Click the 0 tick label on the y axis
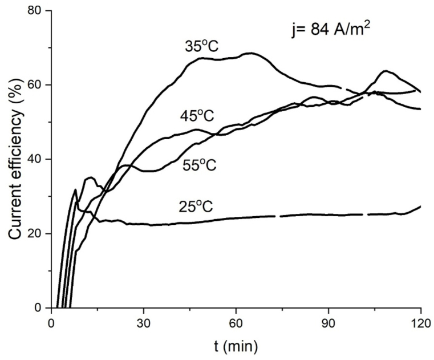[38, 308]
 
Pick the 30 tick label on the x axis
[144, 322]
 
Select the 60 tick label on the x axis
[236, 322]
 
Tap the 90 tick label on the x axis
[328, 322]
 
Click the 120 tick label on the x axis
[420, 322]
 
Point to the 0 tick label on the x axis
[51, 322]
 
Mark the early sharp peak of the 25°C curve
[75, 190]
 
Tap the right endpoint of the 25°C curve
[421, 206]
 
